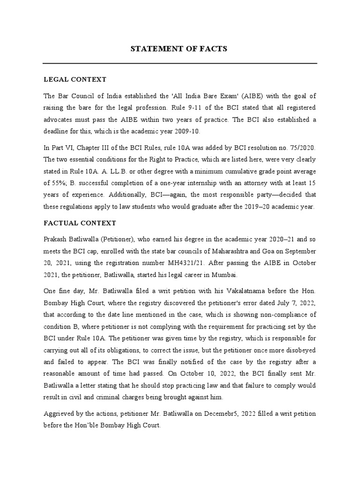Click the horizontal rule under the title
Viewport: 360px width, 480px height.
tap(180, 63)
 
